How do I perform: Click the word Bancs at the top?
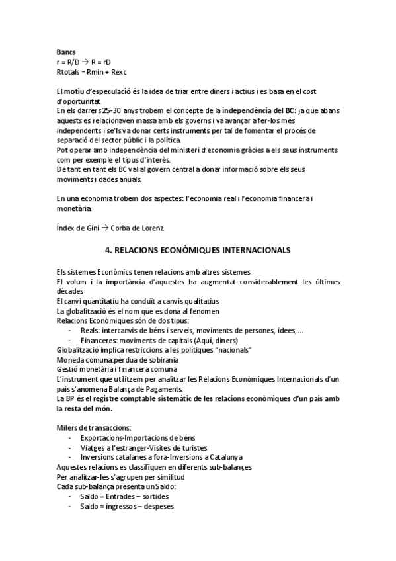(66, 52)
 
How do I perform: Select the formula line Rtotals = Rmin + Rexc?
(91, 71)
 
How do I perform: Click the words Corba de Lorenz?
(138, 228)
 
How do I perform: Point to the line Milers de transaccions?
(94, 429)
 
